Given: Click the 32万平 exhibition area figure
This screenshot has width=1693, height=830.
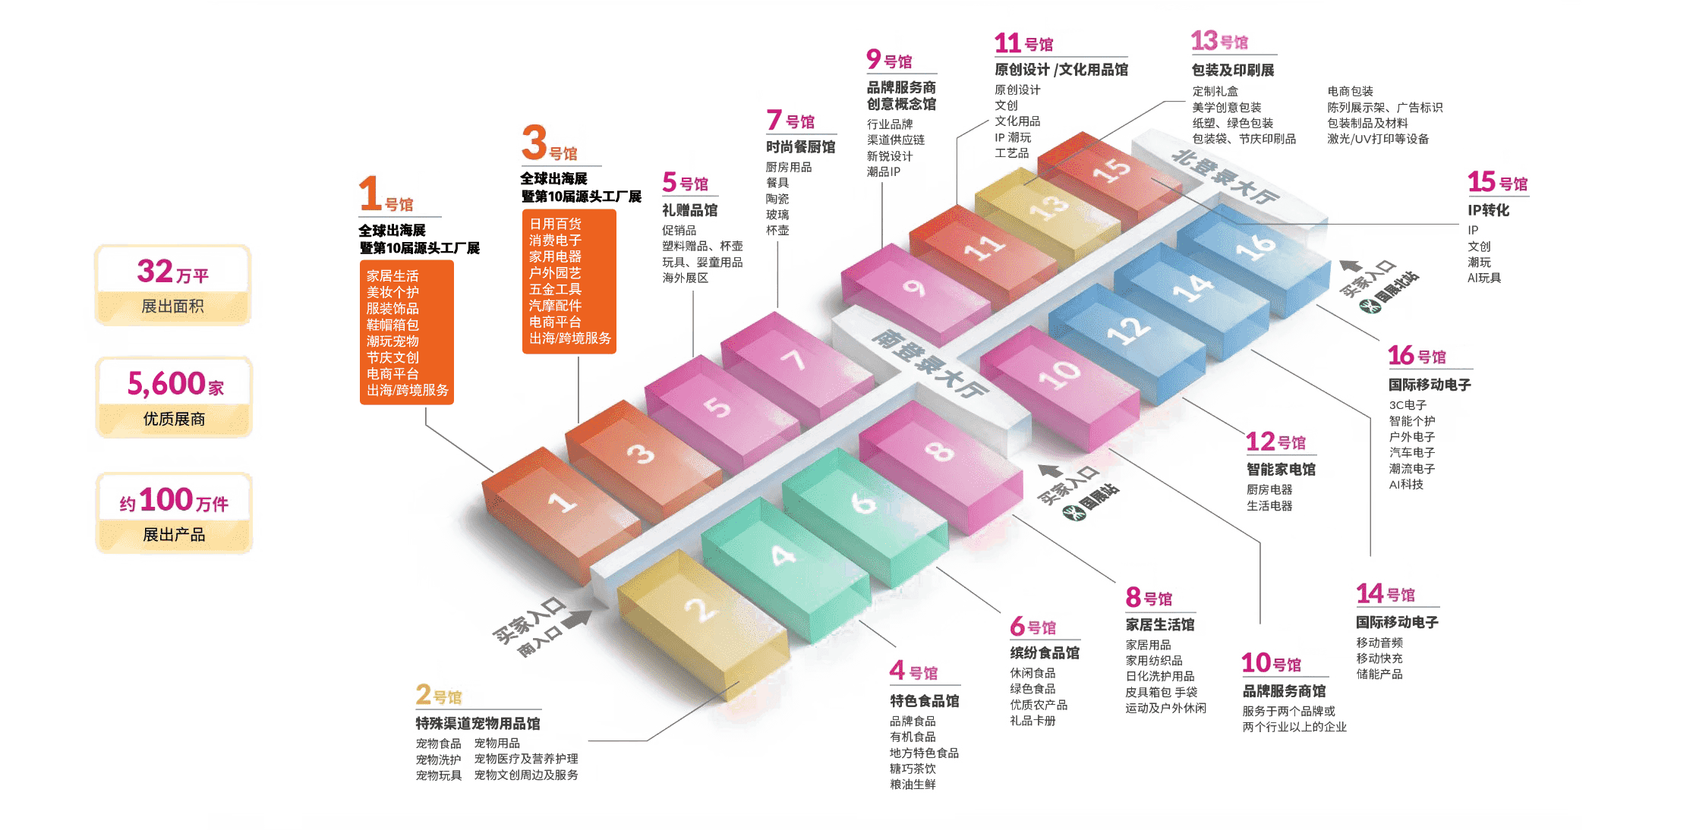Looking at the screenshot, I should pyautogui.click(x=173, y=272).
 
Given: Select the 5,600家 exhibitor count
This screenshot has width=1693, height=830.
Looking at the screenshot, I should pyautogui.click(x=175, y=384).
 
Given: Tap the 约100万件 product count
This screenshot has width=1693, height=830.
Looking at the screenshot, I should pyautogui.click(x=174, y=500).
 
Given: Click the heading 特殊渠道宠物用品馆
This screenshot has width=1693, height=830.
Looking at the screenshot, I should pyautogui.click(x=478, y=723).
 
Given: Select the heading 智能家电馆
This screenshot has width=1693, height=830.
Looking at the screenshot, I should pyautogui.click(x=1282, y=470).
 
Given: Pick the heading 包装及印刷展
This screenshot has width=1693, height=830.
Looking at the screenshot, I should pyautogui.click(x=1233, y=70).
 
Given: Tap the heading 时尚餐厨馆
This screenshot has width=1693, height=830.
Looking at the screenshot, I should pyautogui.click(x=801, y=147).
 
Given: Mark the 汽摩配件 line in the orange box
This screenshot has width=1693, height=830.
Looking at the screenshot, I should pyautogui.click(x=555, y=306).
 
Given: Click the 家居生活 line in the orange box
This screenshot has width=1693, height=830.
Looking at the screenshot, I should pyautogui.click(x=393, y=275).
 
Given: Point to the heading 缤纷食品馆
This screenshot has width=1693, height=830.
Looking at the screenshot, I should pyautogui.click(x=1045, y=652).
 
